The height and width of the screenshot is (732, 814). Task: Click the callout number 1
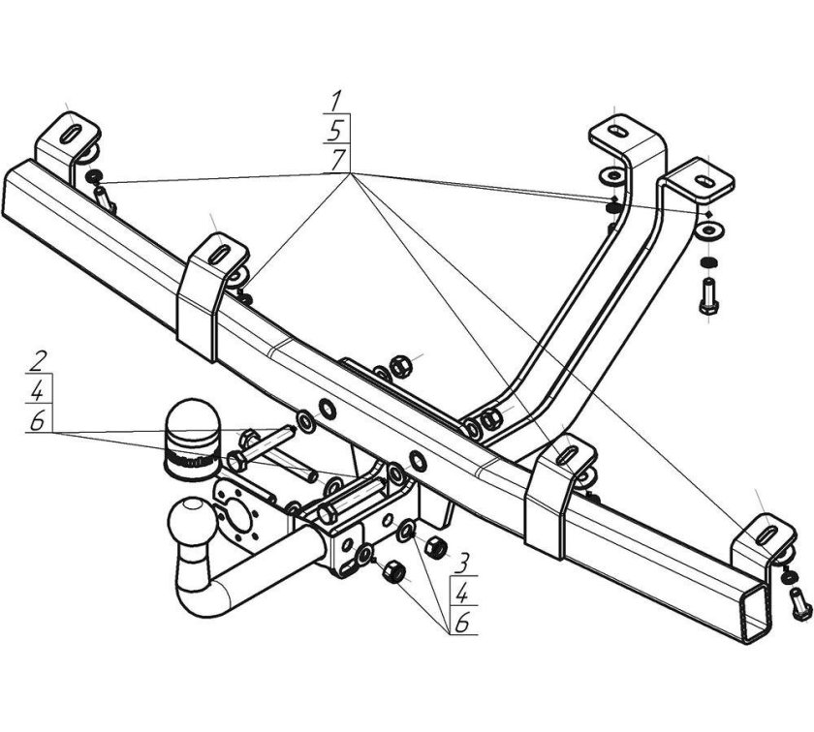(x=337, y=100)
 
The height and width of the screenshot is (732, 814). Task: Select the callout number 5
(x=336, y=131)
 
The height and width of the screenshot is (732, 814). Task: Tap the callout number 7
(x=339, y=160)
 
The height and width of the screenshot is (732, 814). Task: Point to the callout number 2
(x=39, y=361)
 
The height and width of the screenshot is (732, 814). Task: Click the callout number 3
(x=462, y=563)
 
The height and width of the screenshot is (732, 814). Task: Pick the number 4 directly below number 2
(x=38, y=392)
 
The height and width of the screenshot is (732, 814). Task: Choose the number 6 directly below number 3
(x=462, y=622)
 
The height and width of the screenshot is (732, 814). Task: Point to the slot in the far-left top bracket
(x=71, y=133)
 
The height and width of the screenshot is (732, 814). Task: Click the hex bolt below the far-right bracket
(x=708, y=296)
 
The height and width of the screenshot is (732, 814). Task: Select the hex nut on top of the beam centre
(x=399, y=366)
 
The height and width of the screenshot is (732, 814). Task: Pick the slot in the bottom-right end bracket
(x=767, y=534)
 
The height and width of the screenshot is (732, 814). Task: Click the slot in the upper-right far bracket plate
(x=706, y=181)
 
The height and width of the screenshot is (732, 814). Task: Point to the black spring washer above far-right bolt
(x=707, y=262)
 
